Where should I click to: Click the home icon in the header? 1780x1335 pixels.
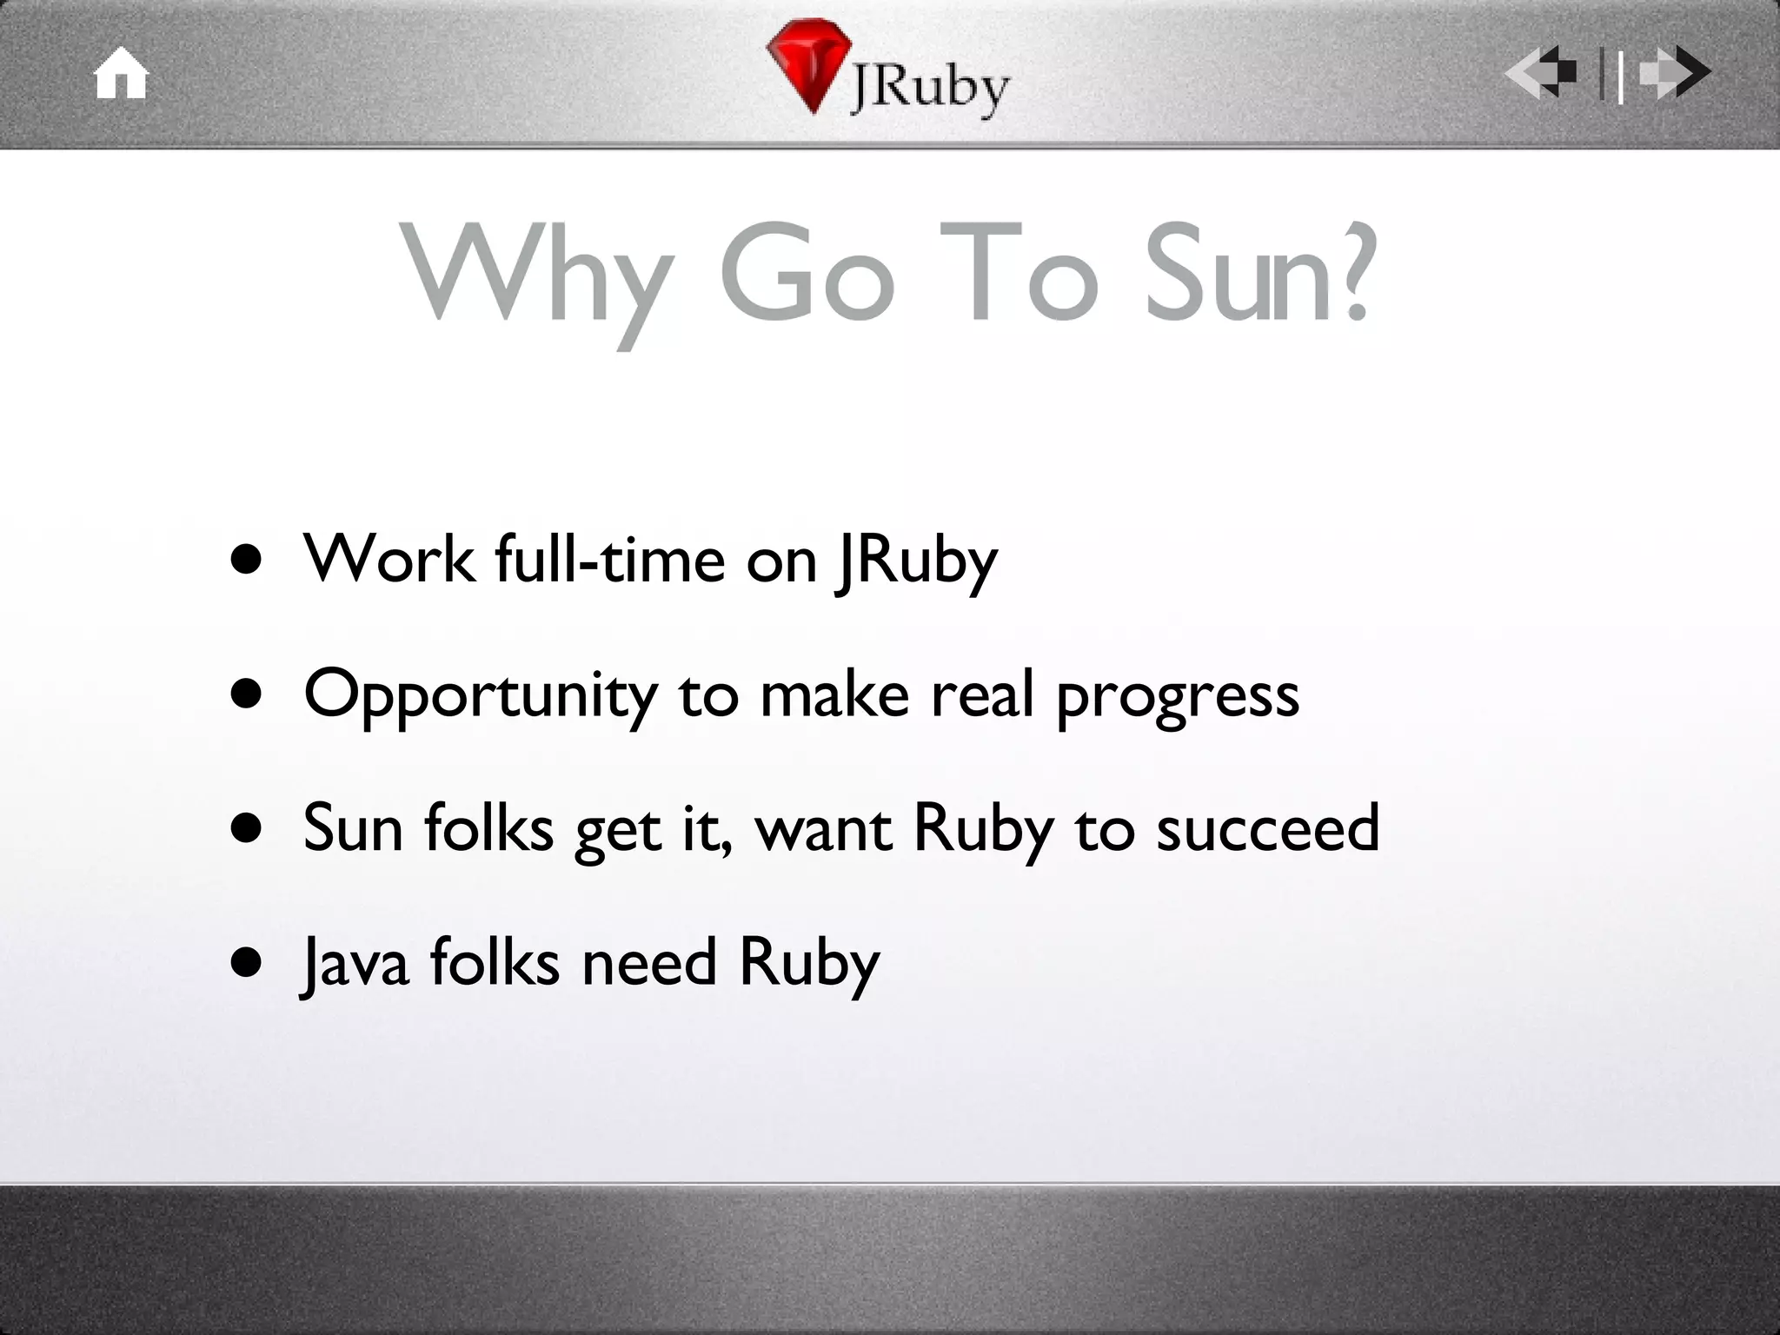tap(121, 74)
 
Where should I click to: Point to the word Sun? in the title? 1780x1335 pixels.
tap(1261, 273)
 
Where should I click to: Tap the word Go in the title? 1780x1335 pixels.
tap(807, 273)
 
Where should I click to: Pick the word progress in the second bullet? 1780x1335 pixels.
tap(1178, 699)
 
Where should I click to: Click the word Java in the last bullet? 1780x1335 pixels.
tap(355, 965)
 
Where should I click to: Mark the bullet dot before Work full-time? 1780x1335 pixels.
tap(247, 561)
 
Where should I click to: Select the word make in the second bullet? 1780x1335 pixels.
tap(834, 695)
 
